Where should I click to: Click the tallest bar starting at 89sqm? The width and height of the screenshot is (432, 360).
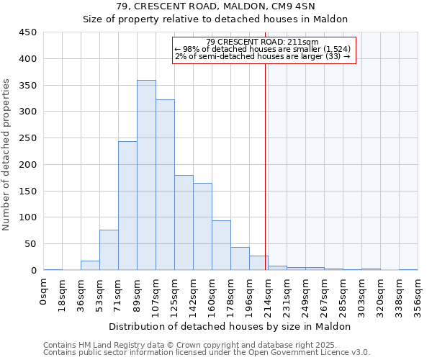pyautogui.click(x=146, y=175)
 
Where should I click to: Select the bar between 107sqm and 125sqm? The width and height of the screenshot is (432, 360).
pyautogui.click(x=165, y=185)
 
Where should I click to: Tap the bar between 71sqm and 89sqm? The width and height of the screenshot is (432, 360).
pyautogui.click(x=127, y=206)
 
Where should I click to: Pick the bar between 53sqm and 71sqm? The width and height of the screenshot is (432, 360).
pyautogui.click(x=109, y=250)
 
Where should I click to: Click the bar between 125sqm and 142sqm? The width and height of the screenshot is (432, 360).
pyautogui.click(x=184, y=222)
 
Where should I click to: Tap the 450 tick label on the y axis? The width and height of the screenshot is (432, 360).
pyautogui.click(x=28, y=32)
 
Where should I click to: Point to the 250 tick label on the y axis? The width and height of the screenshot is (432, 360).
pyautogui.click(x=28, y=138)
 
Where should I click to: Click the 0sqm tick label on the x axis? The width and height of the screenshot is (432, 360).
pyautogui.click(x=45, y=290)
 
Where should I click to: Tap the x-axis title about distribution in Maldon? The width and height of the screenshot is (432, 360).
pyautogui.click(x=230, y=326)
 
